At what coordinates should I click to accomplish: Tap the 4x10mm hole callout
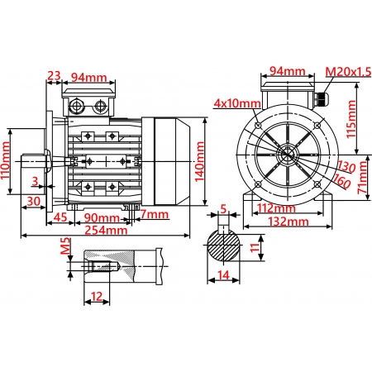(236, 104)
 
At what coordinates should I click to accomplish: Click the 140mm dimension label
(200, 163)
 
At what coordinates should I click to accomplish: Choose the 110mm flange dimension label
(7, 162)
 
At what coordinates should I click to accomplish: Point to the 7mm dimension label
(154, 215)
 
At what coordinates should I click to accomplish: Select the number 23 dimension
(55, 76)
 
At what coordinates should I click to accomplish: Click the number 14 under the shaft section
(223, 275)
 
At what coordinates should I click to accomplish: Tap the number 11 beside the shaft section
(255, 245)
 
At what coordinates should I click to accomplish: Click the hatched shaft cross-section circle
(223, 246)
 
